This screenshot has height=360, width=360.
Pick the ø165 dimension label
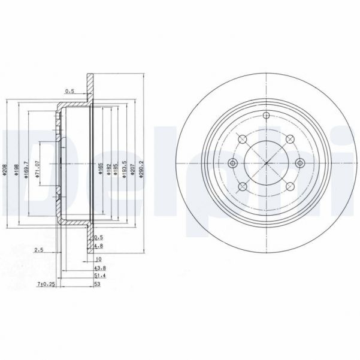tap(101, 165)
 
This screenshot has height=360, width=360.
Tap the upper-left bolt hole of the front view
tap(243, 140)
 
